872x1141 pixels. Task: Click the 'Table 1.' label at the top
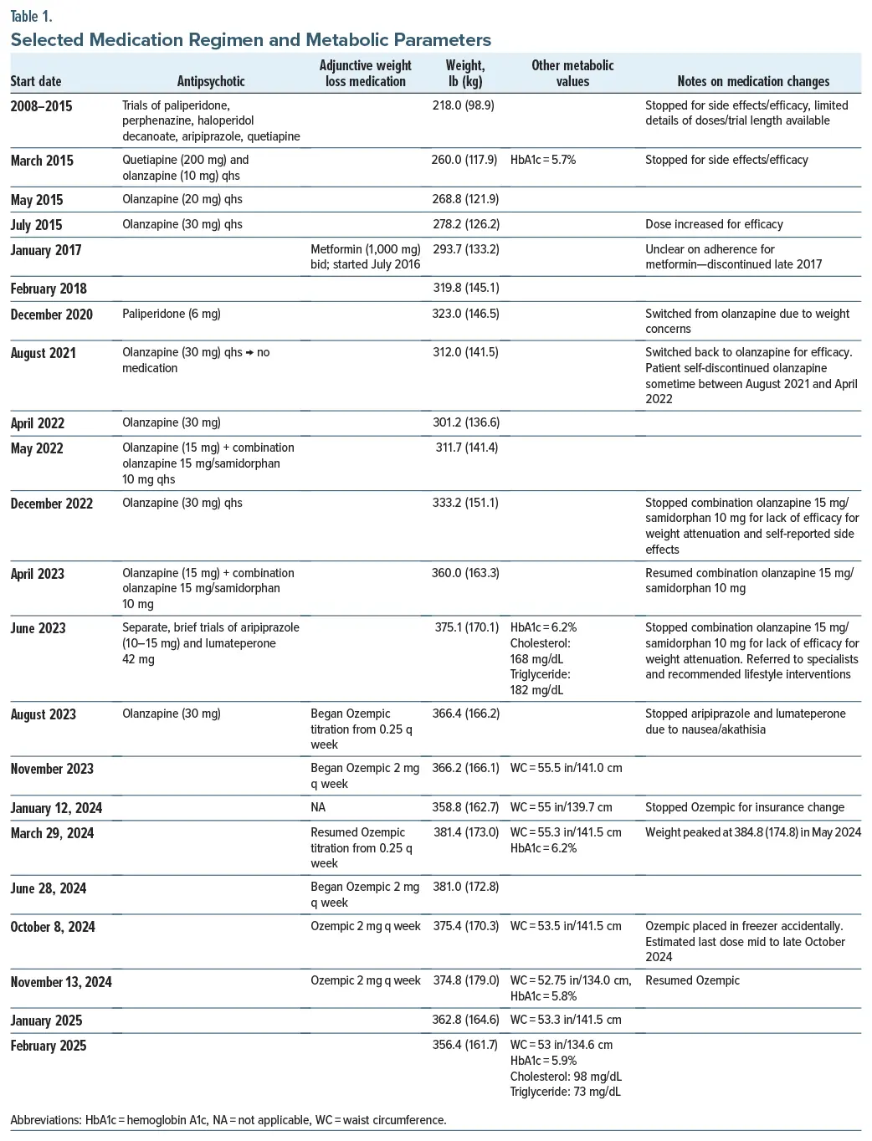[x=31, y=16]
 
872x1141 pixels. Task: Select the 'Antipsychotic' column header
[x=211, y=81]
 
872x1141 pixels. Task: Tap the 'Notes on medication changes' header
[x=753, y=81]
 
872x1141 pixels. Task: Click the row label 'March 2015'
[x=42, y=161]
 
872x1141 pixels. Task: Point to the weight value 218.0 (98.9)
[x=463, y=105]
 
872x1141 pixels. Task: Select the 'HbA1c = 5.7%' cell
[x=543, y=160]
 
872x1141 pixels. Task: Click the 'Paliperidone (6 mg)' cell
[x=172, y=314]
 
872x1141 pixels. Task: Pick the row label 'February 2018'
[x=49, y=289]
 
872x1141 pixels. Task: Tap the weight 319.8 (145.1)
[x=465, y=289]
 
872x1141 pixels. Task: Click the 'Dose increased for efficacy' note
[x=714, y=224]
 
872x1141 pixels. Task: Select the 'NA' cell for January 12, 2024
[x=318, y=808]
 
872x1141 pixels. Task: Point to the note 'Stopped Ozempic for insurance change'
[x=745, y=808]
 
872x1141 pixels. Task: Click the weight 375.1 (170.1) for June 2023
[x=466, y=627]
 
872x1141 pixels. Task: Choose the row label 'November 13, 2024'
[x=61, y=982]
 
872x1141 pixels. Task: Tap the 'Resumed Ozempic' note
[x=692, y=980]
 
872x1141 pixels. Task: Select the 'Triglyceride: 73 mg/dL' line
[x=566, y=1092]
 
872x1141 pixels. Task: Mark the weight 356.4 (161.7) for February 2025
[x=465, y=1045]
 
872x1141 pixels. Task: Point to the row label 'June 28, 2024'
[x=49, y=888]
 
